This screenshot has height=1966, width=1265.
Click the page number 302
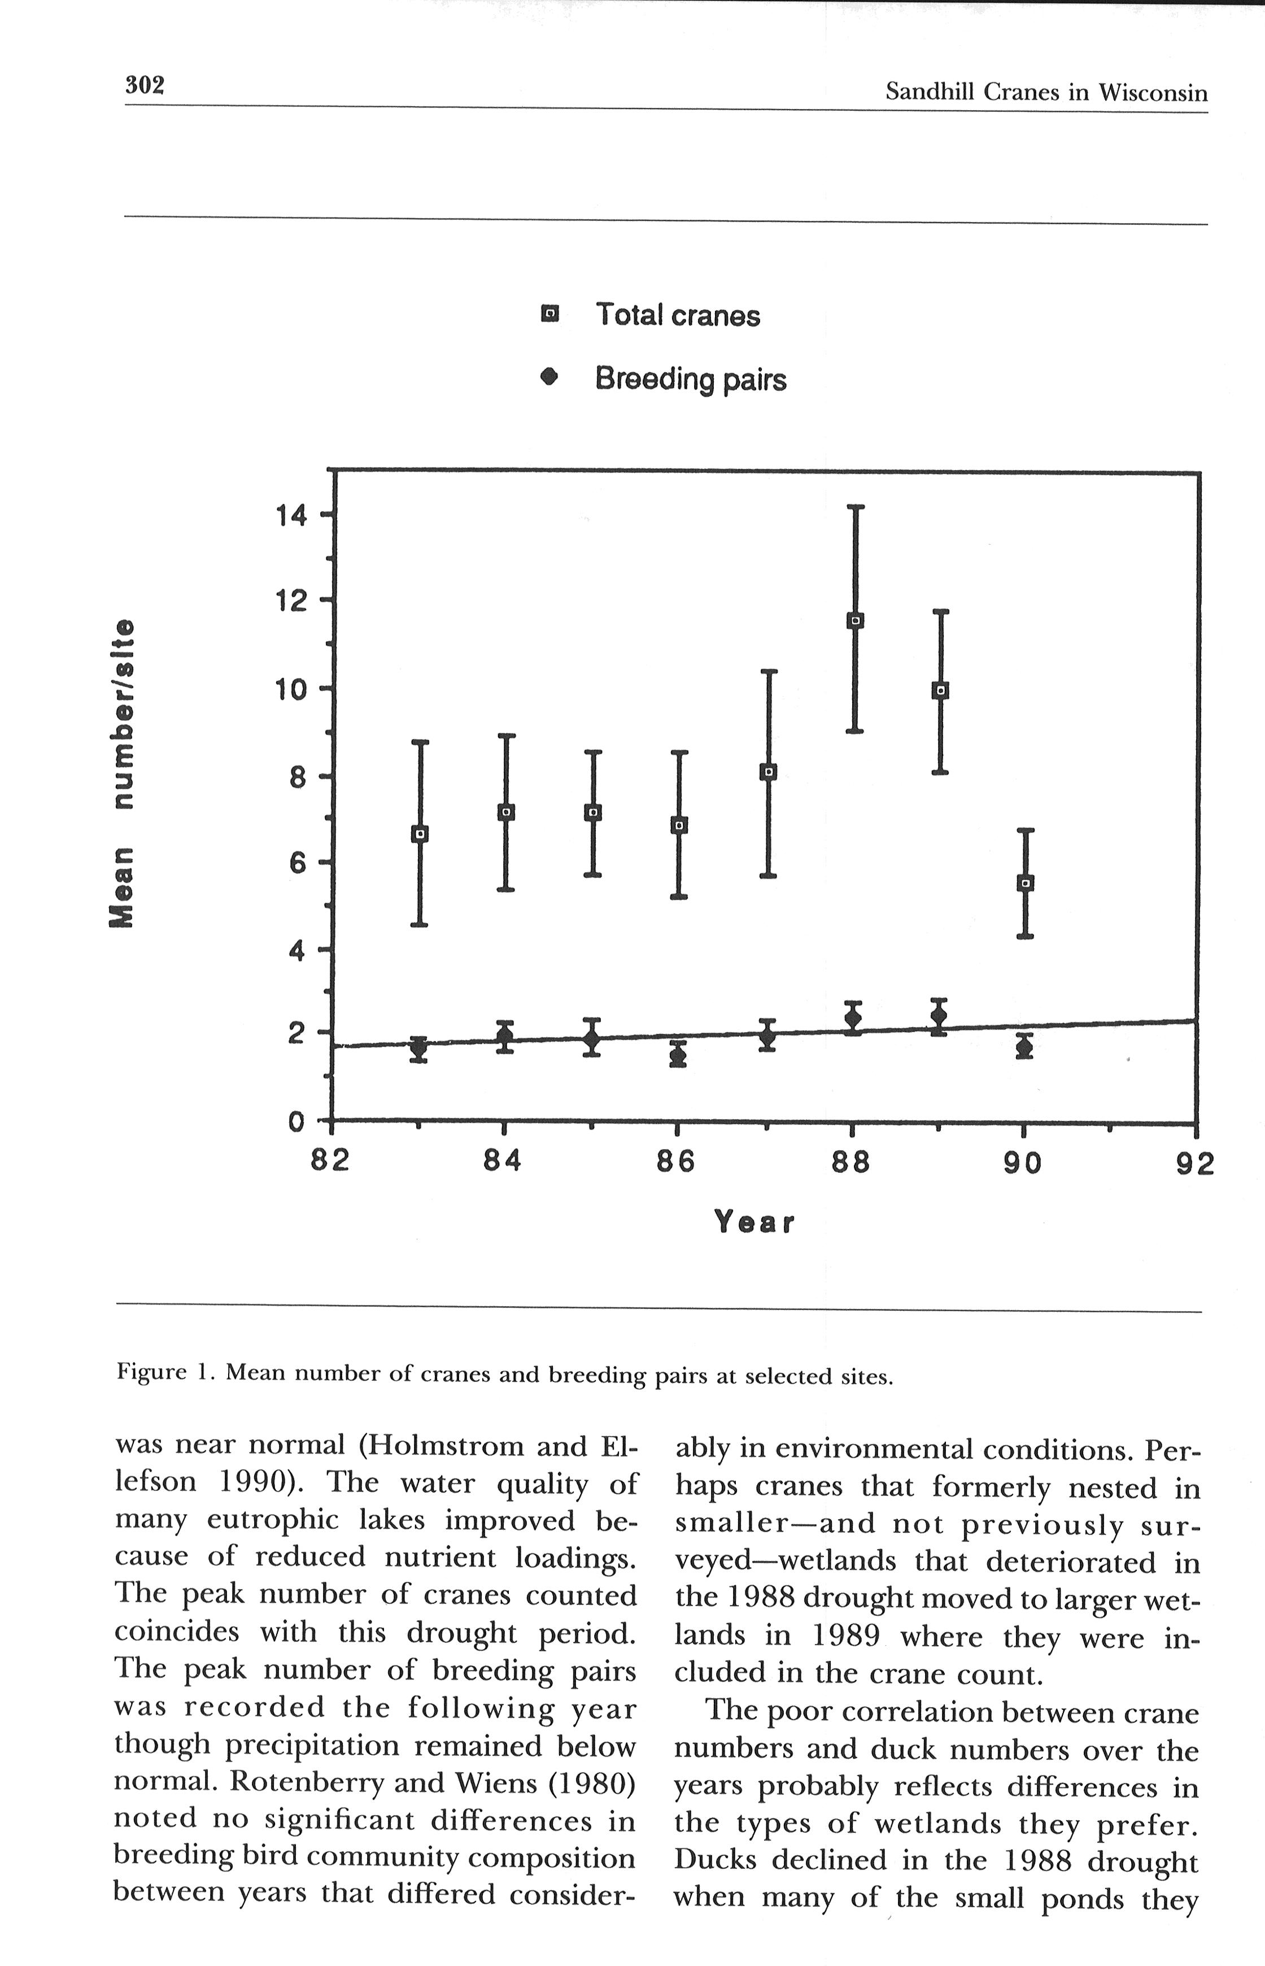[x=145, y=85]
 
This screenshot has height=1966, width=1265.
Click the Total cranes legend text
[x=678, y=315]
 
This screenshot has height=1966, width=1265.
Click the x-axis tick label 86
[x=675, y=1163]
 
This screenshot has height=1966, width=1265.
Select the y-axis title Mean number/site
[x=123, y=773]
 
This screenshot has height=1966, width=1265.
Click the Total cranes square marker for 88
[x=854, y=621]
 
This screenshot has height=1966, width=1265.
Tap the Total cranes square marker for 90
[x=1025, y=883]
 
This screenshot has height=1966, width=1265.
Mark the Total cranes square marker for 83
[x=420, y=834]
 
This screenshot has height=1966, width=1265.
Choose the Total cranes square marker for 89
[x=940, y=691]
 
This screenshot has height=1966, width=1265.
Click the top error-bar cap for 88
[x=855, y=507]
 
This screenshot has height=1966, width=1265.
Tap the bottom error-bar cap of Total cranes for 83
[x=419, y=925]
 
